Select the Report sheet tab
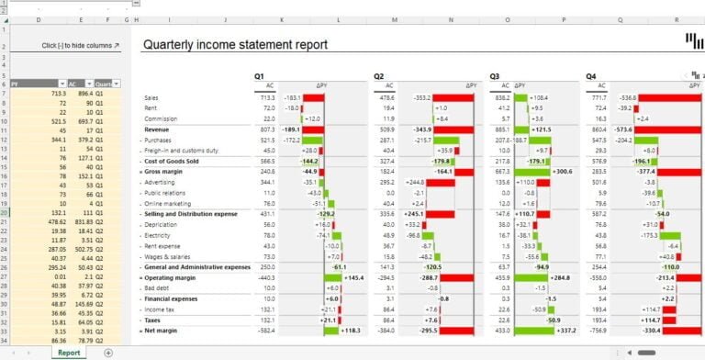click(69, 352)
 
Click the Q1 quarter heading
click(260, 75)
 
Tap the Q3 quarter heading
click(495, 75)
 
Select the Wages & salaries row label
click(170, 256)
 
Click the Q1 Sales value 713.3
click(266, 97)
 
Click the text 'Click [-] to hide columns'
click(80, 44)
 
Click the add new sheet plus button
click(108, 352)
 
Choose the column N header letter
click(451, 18)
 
